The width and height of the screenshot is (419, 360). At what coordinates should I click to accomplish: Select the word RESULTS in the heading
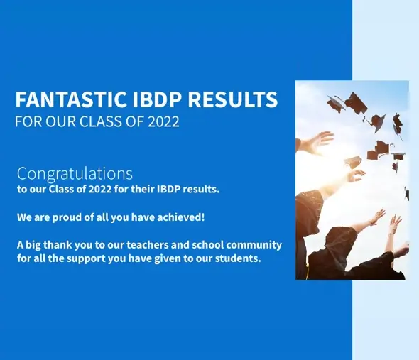(232, 99)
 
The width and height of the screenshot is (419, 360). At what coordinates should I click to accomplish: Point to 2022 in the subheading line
(163, 121)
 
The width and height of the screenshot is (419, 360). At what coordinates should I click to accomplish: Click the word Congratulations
(75, 173)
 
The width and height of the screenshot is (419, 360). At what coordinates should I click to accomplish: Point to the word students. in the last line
(239, 258)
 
